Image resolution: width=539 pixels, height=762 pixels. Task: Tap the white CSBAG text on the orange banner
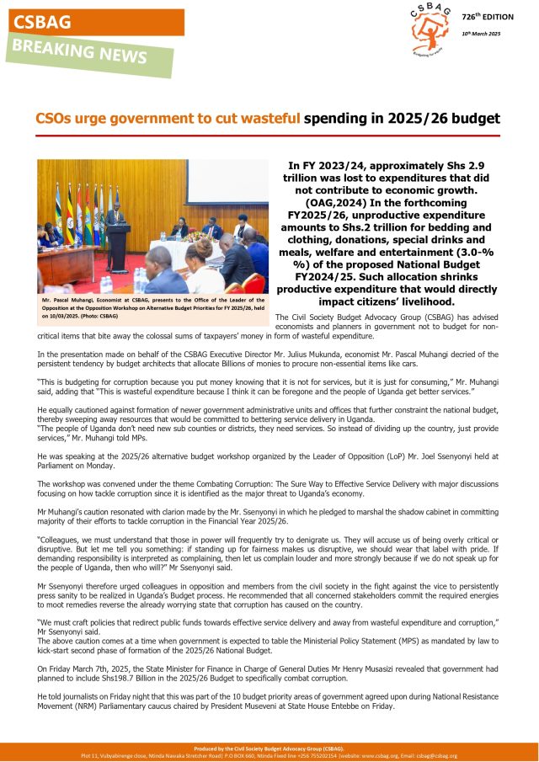coord(42,22)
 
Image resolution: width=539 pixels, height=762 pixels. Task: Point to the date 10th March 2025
coord(482,33)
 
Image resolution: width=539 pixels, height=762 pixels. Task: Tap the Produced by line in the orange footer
coord(269,749)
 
